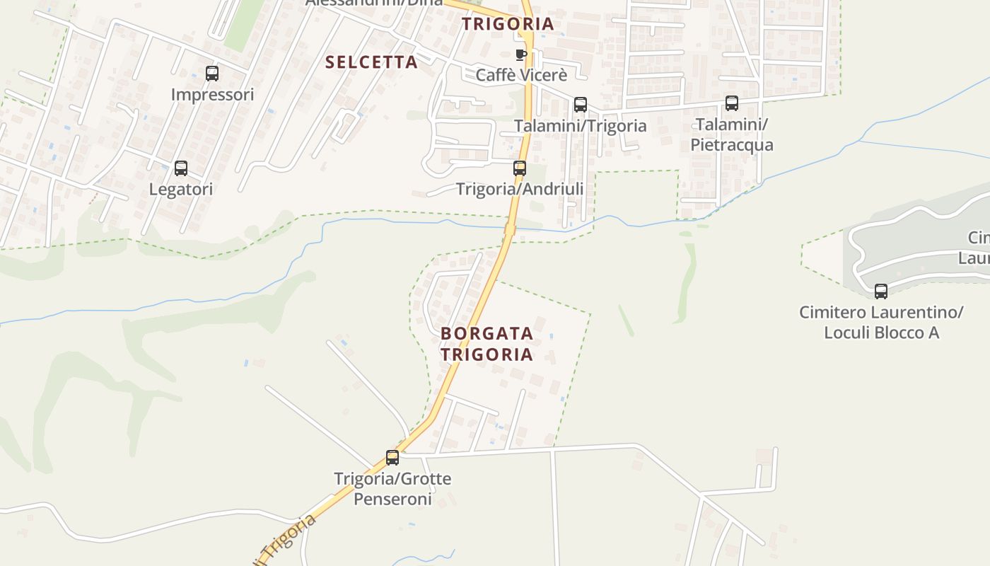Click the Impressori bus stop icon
coord(211,73)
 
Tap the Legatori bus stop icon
coord(181,168)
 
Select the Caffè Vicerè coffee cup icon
coord(521,54)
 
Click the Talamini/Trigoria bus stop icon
coord(581,105)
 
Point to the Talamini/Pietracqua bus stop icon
coord(732,103)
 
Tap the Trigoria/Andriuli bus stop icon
coord(520,168)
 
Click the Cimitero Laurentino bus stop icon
coord(881,291)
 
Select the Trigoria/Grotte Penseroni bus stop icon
coord(392,458)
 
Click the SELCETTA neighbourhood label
coord(371,62)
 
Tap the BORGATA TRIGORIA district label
coord(487,343)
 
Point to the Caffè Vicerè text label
coord(522,75)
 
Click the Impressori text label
coord(212,94)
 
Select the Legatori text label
coord(181,189)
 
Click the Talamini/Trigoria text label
coord(580,125)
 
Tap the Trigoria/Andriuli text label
coord(520,189)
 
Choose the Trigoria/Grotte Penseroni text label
coord(392,489)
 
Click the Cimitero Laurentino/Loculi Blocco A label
coord(881,322)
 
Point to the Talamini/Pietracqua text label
coord(732,134)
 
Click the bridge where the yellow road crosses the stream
coord(509,229)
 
